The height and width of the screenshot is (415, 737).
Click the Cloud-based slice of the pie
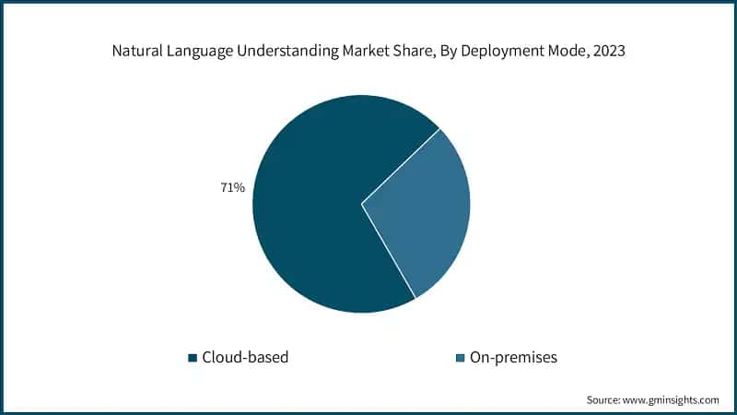(x=304, y=212)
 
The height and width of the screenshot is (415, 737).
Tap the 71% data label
(x=232, y=188)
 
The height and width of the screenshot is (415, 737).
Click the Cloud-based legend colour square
(x=193, y=357)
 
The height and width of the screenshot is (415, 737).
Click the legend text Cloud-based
(x=244, y=357)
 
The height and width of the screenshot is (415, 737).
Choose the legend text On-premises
(x=512, y=357)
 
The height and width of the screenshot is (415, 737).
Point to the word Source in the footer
(x=604, y=400)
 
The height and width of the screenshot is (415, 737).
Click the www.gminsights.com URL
(x=674, y=400)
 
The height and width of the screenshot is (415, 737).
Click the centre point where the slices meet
(x=361, y=204)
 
